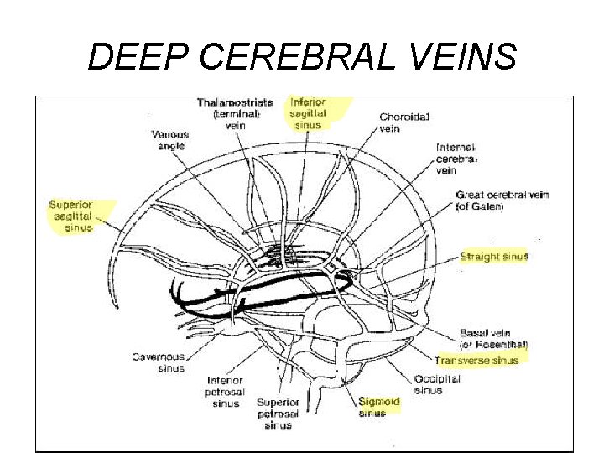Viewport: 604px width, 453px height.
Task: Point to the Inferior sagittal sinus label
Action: point(308,112)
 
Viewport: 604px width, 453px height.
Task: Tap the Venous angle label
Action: point(170,139)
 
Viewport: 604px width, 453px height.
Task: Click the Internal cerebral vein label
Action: point(457,158)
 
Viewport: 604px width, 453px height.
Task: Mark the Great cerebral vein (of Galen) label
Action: point(502,200)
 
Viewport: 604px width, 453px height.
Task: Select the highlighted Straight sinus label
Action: point(494,256)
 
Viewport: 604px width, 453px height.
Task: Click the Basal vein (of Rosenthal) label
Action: point(493,337)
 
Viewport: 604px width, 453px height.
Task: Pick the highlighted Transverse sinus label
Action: point(477,360)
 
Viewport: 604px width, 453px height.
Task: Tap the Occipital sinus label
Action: point(438,384)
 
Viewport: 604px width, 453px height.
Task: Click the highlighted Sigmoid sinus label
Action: point(379,407)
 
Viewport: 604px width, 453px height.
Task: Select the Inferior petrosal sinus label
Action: point(225,391)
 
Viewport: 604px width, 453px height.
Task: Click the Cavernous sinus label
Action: point(159,362)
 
